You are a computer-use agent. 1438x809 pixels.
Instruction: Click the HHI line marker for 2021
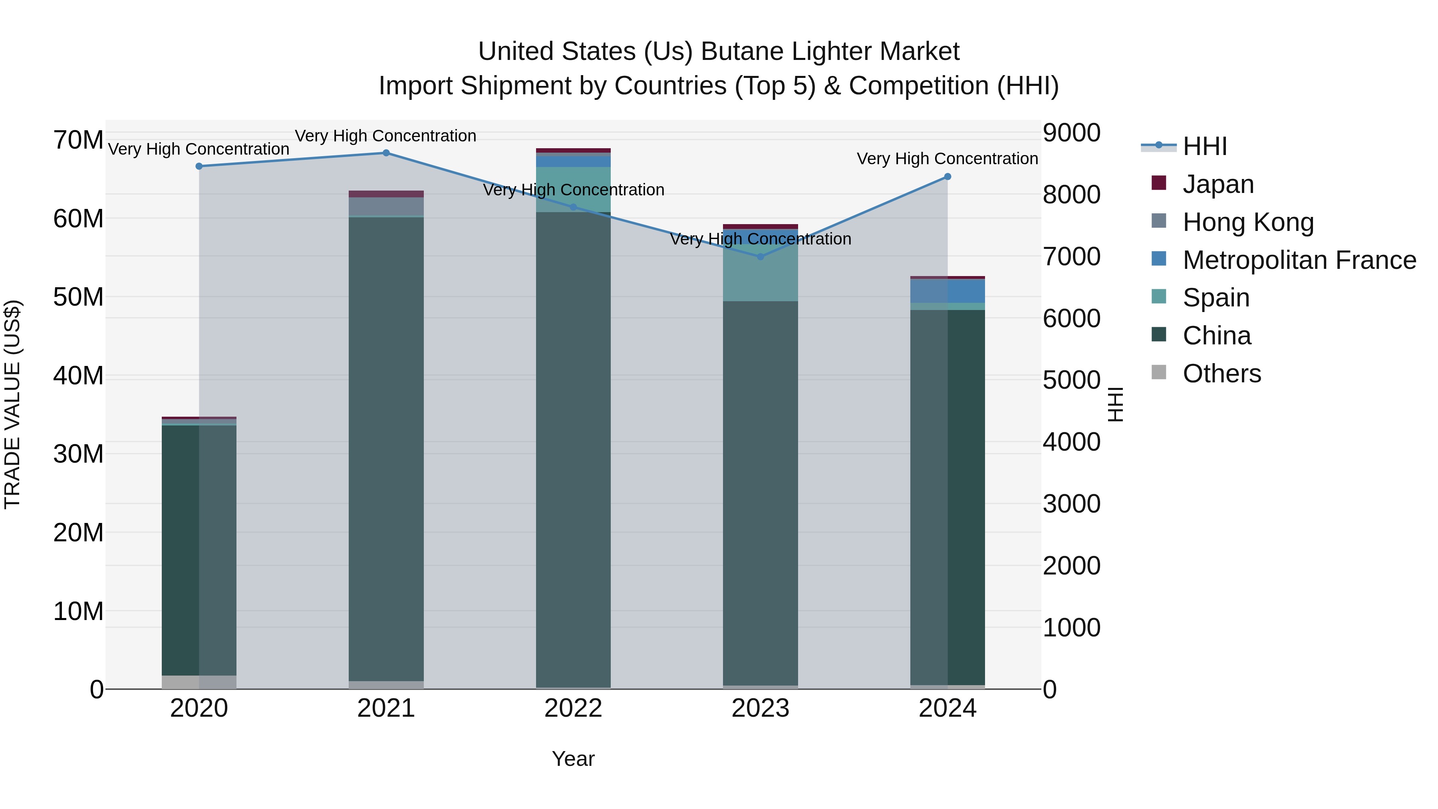click(x=386, y=153)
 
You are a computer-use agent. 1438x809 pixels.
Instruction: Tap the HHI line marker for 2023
click(x=760, y=257)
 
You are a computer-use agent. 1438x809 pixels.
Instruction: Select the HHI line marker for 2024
click(x=947, y=177)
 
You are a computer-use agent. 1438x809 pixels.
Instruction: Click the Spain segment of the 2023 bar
click(x=760, y=274)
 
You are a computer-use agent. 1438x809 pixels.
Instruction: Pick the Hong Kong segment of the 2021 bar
click(x=386, y=206)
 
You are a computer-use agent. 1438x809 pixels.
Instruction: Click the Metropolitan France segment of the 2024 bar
click(x=947, y=291)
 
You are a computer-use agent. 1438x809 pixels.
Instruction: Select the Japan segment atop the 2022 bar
click(x=573, y=151)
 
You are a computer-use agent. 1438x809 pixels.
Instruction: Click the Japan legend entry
click(x=1218, y=184)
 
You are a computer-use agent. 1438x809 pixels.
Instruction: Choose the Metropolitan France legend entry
click(x=1299, y=260)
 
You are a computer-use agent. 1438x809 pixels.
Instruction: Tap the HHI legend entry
click(x=1204, y=146)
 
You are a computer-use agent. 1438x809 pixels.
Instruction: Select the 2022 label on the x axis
click(x=573, y=708)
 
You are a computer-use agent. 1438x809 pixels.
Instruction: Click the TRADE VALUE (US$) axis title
click(x=12, y=404)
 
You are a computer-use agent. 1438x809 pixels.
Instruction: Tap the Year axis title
click(x=573, y=759)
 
